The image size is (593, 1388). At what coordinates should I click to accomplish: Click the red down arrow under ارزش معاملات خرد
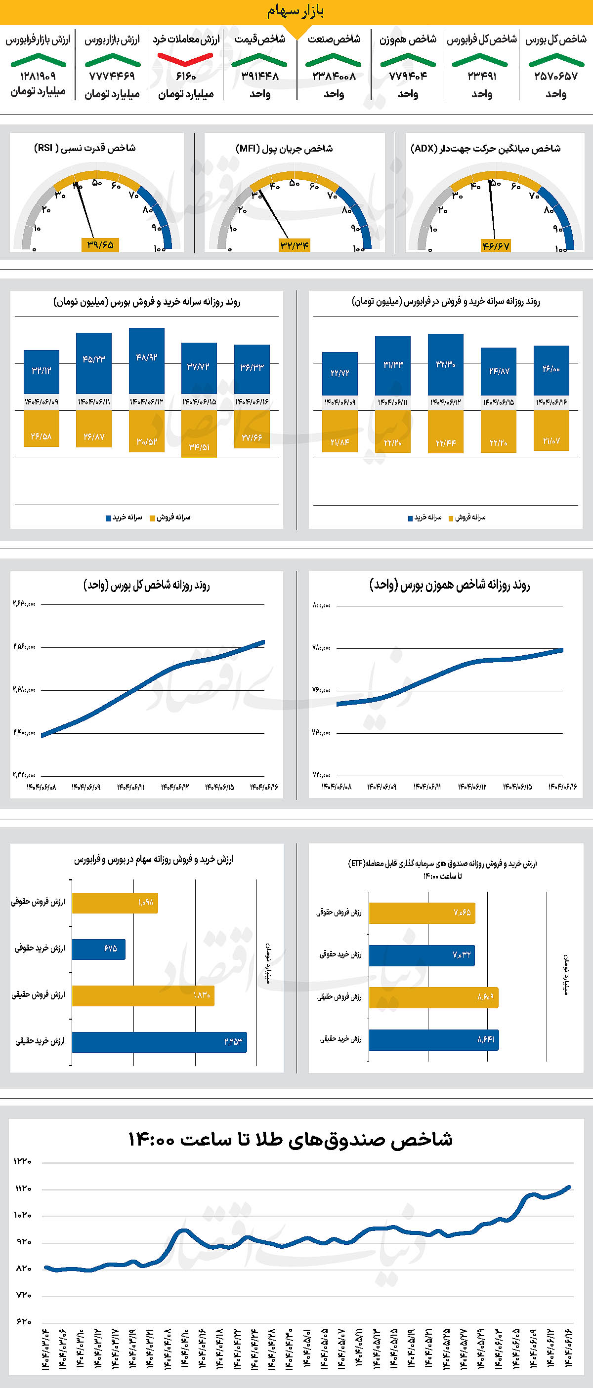point(185,59)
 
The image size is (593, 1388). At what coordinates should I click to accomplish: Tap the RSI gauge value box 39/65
point(100,244)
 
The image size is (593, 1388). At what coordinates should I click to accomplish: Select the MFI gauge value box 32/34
point(295,246)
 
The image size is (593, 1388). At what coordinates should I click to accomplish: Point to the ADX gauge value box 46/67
point(496,246)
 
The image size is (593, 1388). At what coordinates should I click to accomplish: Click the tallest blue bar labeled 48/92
point(147,360)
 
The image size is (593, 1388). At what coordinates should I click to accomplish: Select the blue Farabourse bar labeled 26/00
point(551,371)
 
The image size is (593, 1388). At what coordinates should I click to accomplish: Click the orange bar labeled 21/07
point(551,431)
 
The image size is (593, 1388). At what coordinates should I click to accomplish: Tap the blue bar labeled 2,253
point(159,1042)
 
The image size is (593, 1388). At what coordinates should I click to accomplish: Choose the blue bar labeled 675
point(99,949)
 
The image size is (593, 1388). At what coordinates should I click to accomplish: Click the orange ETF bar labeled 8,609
point(433,997)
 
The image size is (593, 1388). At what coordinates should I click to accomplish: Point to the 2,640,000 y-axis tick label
point(24,604)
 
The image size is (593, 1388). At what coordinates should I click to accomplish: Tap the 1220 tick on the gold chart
point(23,1161)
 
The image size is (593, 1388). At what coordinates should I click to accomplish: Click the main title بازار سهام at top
point(296,11)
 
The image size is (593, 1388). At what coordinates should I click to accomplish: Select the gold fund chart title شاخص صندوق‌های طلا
point(290,1140)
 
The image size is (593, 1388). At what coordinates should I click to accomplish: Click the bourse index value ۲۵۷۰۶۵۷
point(556,77)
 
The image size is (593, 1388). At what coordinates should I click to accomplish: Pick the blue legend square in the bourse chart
point(108,518)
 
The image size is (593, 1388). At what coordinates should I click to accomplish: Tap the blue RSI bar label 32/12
point(41,371)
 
